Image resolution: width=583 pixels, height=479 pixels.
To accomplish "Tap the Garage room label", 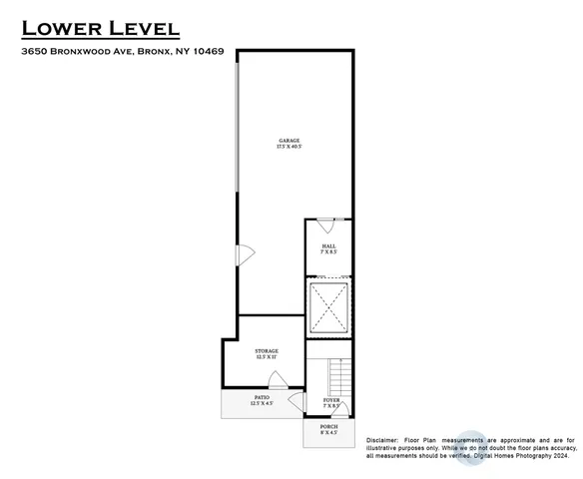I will [x=289, y=141].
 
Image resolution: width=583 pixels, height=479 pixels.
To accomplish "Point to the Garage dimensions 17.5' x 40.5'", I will [x=289, y=148].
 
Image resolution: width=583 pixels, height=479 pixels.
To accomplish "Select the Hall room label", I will [x=328, y=246].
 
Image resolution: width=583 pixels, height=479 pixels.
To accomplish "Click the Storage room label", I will [x=266, y=350].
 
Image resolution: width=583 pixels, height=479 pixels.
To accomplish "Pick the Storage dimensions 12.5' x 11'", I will [x=266, y=357].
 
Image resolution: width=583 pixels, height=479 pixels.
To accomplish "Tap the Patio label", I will [x=262, y=396].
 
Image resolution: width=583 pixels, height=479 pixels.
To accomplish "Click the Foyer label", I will [x=330, y=401].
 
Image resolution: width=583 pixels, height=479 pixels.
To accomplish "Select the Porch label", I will [x=328, y=427].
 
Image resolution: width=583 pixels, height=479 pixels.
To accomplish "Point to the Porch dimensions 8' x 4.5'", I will [x=328, y=434].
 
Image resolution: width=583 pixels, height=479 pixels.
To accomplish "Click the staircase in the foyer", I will [x=340, y=377].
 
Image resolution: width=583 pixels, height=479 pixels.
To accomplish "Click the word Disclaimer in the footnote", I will [x=384, y=440].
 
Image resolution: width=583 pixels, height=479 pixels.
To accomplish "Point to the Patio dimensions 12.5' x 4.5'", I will [x=262, y=403].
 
